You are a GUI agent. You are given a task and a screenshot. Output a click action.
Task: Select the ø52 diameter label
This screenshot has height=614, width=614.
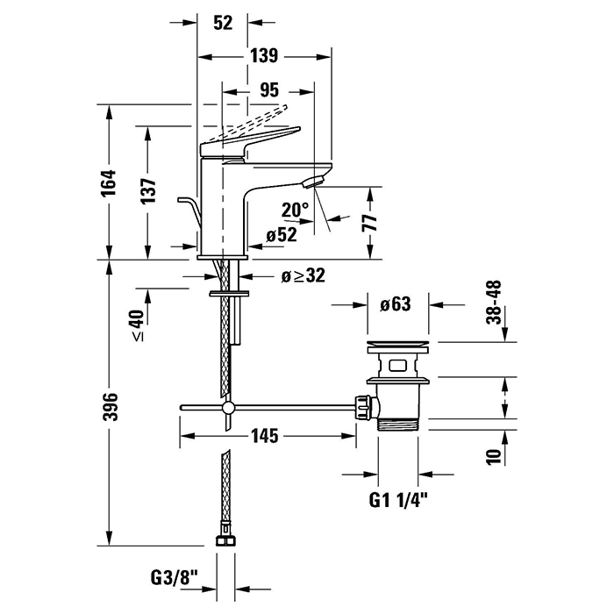(x=281, y=234)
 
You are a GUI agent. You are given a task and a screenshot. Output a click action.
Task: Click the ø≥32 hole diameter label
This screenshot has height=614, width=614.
(x=303, y=275)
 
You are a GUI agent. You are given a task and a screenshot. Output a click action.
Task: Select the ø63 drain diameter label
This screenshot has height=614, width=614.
(x=396, y=305)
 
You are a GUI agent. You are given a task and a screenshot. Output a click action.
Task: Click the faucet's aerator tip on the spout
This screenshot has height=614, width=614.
(x=313, y=182)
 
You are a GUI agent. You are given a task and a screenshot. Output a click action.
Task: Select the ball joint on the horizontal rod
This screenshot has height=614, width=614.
(x=228, y=408)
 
